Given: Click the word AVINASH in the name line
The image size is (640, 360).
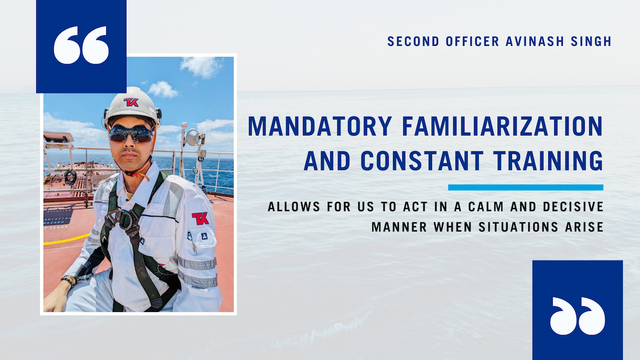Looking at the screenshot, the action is pyautogui.click(x=535, y=42).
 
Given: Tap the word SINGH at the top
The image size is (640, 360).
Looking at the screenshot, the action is pyautogui.click(x=591, y=42).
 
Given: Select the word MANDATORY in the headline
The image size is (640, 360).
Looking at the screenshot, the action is pyautogui.click(x=320, y=126).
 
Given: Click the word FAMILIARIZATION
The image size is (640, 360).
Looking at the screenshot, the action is pyautogui.click(x=502, y=126).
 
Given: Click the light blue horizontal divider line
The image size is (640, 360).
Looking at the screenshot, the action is pyautogui.click(x=525, y=187).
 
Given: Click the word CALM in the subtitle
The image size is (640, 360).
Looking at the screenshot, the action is pyautogui.click(x=486, y=206).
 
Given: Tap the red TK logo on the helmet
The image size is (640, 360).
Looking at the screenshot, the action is pyautogui.click(x=131, y=102).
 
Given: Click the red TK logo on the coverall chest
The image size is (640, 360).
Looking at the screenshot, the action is pyautogui.click(x=200, y=218).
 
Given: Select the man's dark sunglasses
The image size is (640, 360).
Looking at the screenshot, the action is pyautogui.click(x=131, y=134).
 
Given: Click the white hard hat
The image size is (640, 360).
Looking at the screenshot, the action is pyautogui.click(x=132, y=105).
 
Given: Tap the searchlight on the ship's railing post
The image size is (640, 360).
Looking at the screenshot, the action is pyautogui.click(x=194, y=137).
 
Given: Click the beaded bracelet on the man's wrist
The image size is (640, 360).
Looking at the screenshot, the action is pyautogui.click(x=69, y=281).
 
